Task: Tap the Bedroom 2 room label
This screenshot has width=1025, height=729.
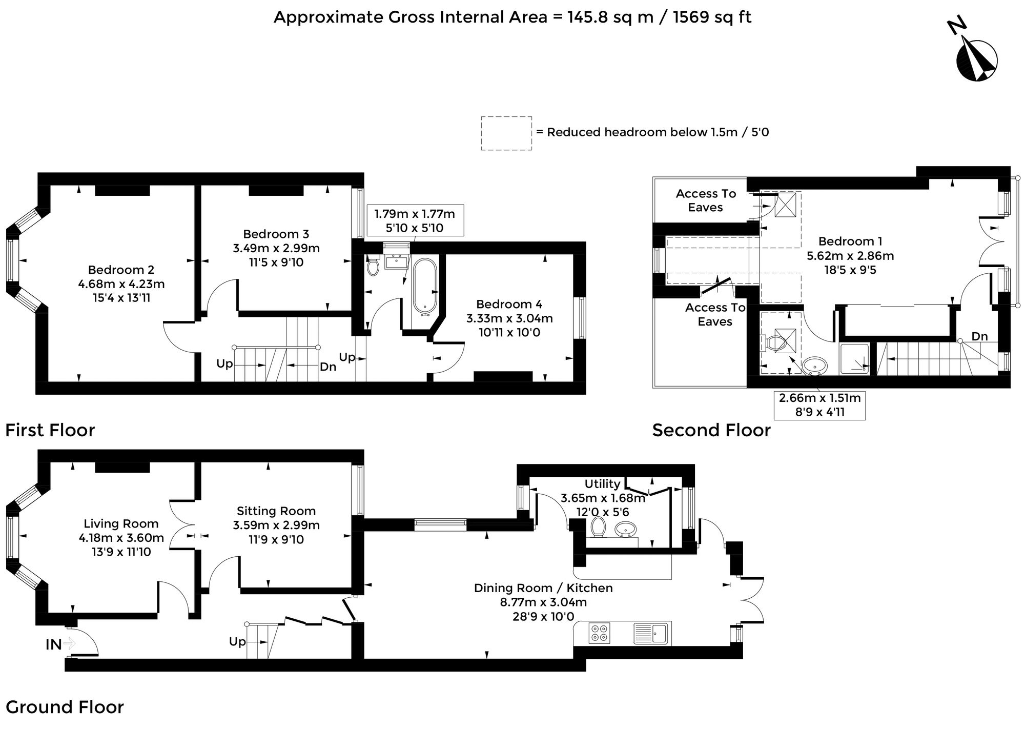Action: [x=121, y=270]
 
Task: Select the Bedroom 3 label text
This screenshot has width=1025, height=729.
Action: [x=276, y=234]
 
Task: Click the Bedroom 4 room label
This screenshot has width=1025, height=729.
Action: [x=509, y=304]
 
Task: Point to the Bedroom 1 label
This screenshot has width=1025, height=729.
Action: [x=851, y=241]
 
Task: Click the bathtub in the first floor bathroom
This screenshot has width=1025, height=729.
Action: [x=425, y=286]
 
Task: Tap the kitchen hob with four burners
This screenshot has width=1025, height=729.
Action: [x=600, y=633]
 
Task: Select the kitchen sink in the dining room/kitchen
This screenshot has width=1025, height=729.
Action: [x=650, y=633]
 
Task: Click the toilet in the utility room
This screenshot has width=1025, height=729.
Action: [x=598, y=527]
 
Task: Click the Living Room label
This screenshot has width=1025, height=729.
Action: [x=121, y=523]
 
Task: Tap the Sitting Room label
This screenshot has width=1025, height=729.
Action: [x=276, y=511]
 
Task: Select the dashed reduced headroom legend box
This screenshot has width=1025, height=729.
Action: [x=506, y=133]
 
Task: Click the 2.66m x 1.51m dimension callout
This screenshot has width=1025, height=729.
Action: [x=820, y=404]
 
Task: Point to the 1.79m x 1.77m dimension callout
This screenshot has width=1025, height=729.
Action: [x=415, y=220]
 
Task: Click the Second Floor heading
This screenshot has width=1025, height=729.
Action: [x=711, y=430]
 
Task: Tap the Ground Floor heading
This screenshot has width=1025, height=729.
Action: [x=65, y=707]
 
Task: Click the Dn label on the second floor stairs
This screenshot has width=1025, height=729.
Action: [x=979, y=336]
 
